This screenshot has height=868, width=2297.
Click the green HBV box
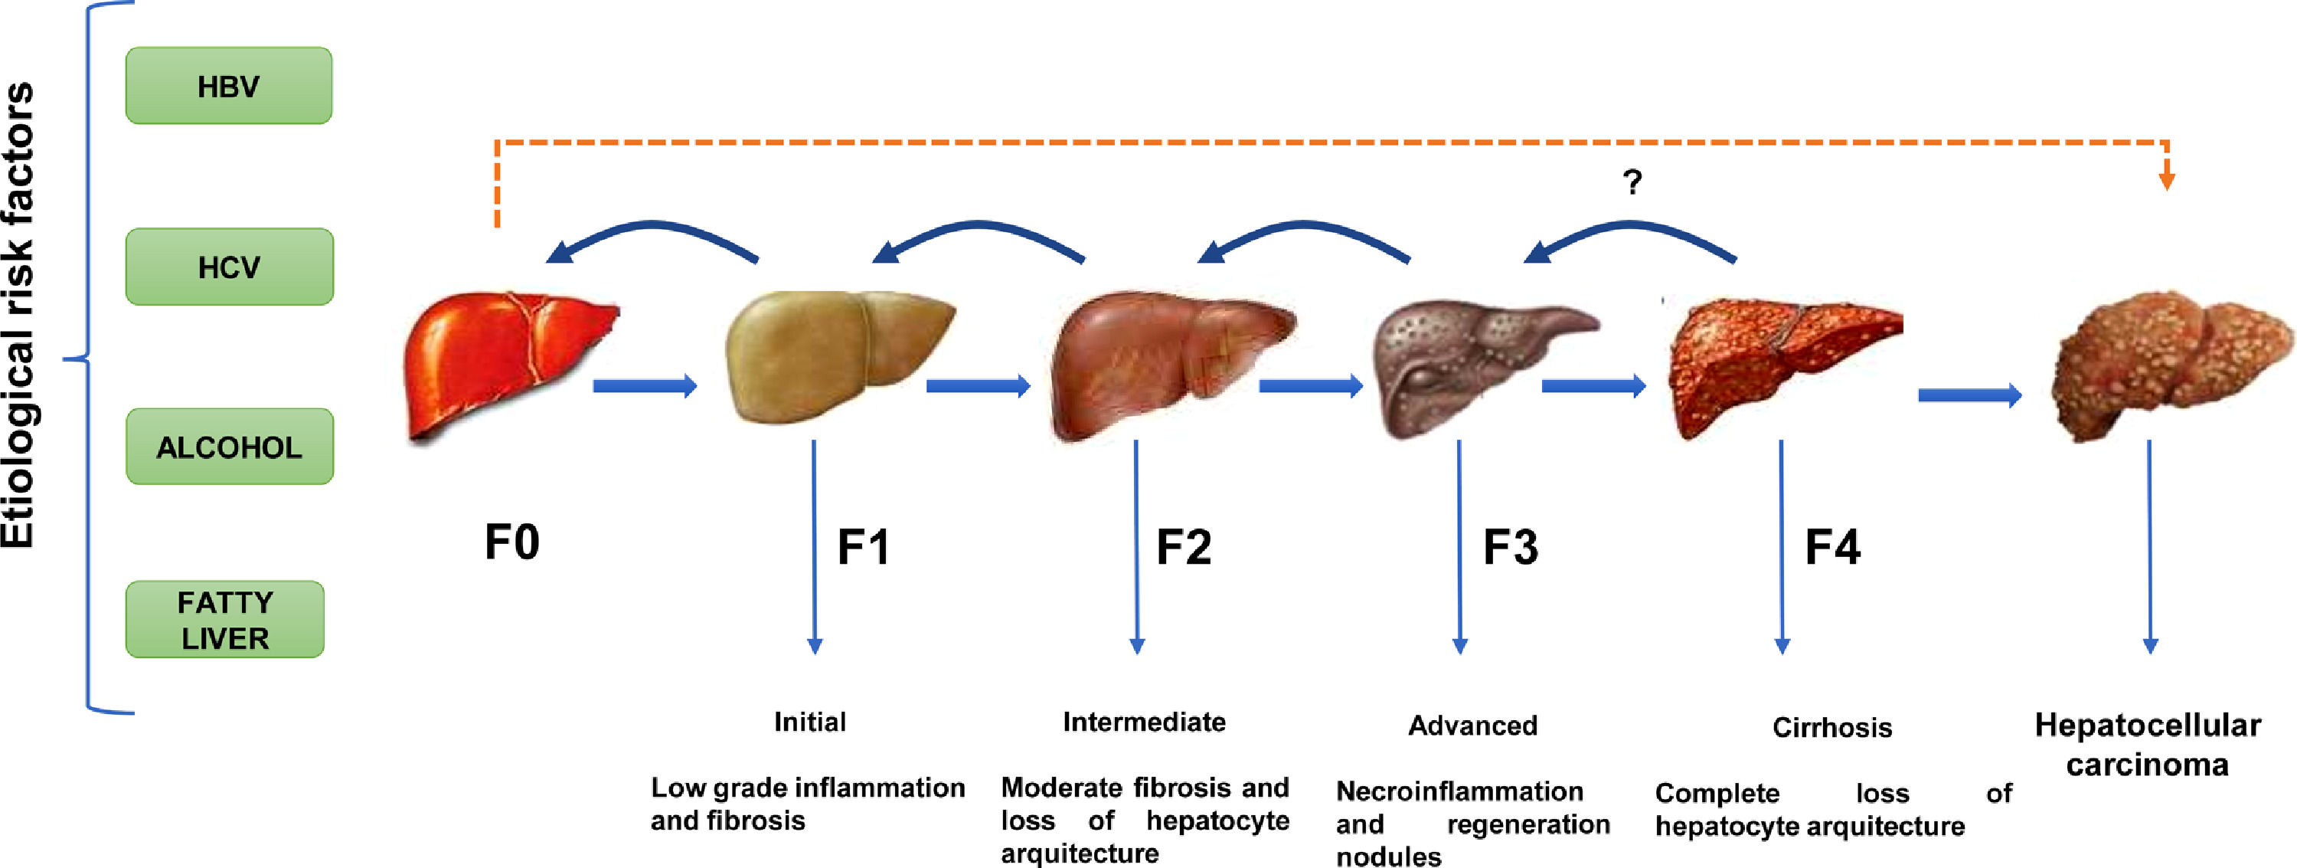tap(228, 86)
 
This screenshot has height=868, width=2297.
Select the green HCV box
tap(229, 267)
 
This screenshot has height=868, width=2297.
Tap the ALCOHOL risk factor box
tap(229, 447)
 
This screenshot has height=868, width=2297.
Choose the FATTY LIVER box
tap(224, 620)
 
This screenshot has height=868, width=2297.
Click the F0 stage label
tap(511, 542)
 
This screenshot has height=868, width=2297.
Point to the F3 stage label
tap(1510, 547)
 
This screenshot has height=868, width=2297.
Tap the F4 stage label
tap(1832, 547)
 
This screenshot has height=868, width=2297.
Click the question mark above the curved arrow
tap(1632, 183)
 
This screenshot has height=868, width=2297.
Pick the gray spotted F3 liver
tap(1472, 362)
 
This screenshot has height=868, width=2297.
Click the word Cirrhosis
tap(1831, 728)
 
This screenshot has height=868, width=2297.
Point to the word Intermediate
tap(1144, 722)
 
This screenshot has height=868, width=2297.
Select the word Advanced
tap(1472, 726)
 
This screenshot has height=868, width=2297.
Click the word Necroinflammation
tap(1459, 791)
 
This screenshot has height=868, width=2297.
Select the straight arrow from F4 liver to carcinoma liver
tap(1969, 395)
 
